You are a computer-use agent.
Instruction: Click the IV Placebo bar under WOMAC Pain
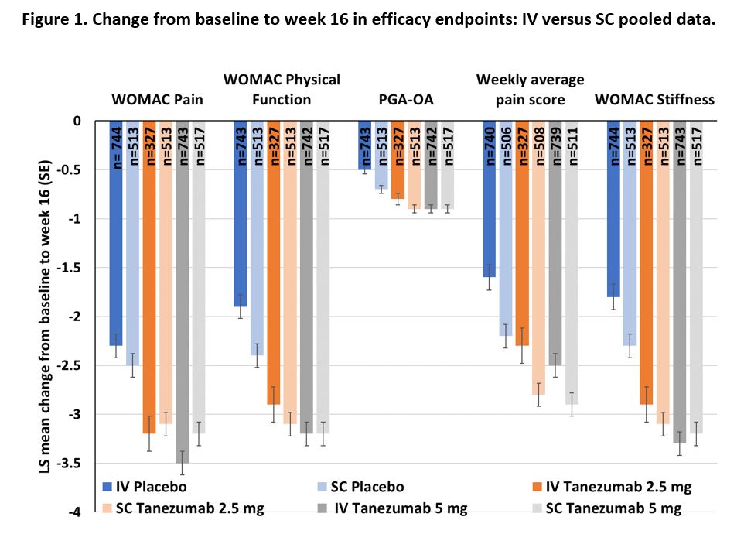[116, 232]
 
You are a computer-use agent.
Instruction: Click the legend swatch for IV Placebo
[109, 487]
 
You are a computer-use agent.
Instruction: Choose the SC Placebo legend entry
[364, 487]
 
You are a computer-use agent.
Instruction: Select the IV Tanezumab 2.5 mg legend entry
[618, 487]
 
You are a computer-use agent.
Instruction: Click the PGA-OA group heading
[398, 99]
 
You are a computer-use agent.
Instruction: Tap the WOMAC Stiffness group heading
[654, 99]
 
